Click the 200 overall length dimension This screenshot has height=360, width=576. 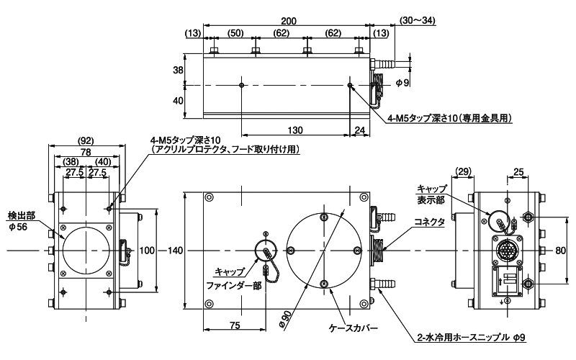(289, 21)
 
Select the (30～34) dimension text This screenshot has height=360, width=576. (418, 21)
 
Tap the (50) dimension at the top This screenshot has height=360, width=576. (235, 33)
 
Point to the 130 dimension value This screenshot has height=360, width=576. (295, 130)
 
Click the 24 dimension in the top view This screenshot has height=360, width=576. (360, 130)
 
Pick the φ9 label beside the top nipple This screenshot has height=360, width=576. (402, 84)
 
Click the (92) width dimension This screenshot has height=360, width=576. (86, 140)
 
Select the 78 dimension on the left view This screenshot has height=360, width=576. (86, 152)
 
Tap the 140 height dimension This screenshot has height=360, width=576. (175, 251)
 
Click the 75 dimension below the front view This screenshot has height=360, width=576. (235, 325)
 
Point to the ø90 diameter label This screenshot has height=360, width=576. (285, 319)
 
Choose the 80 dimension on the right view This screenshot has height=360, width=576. (561, 251)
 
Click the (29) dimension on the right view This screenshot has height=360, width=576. (463, 171)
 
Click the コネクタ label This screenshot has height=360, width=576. (429, 222)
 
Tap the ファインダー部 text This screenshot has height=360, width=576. (233, 285)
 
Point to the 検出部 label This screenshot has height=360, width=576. (22, 215)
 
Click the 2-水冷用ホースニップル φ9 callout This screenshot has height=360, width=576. (472, 337)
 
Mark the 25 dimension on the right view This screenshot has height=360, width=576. (518, 171)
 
